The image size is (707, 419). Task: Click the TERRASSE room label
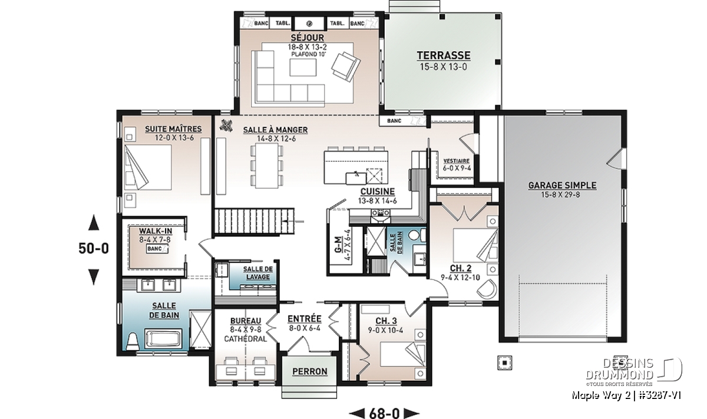click(x=444, y=55)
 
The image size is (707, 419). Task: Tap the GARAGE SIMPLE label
click(x=562, y=186)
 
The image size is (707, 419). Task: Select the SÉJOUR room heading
click(x=308, y=38)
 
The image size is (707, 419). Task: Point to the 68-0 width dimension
click(x=384, y=413)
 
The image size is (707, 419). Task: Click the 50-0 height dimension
click(x=94, y=249)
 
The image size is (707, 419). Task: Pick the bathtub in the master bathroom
click(x=163, y=339)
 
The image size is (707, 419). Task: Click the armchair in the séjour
click(x=345, y=67)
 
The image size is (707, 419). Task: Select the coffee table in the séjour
click(x=303, y=68)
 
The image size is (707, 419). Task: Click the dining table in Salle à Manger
click(x=267, y=166)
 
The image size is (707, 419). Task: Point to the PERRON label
click(x=310, y=372)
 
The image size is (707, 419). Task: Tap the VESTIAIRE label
click(x=457, y=161)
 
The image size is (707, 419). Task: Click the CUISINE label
click(x=378, y=192)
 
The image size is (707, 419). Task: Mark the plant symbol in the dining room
click(x=227, y=125)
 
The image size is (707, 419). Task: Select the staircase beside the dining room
click(x=255, y=222)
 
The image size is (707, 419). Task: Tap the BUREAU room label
click(x=246, y=321)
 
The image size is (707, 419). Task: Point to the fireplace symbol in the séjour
click(x=309, y=24)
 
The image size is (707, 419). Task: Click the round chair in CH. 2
click(x=487, y=288)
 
